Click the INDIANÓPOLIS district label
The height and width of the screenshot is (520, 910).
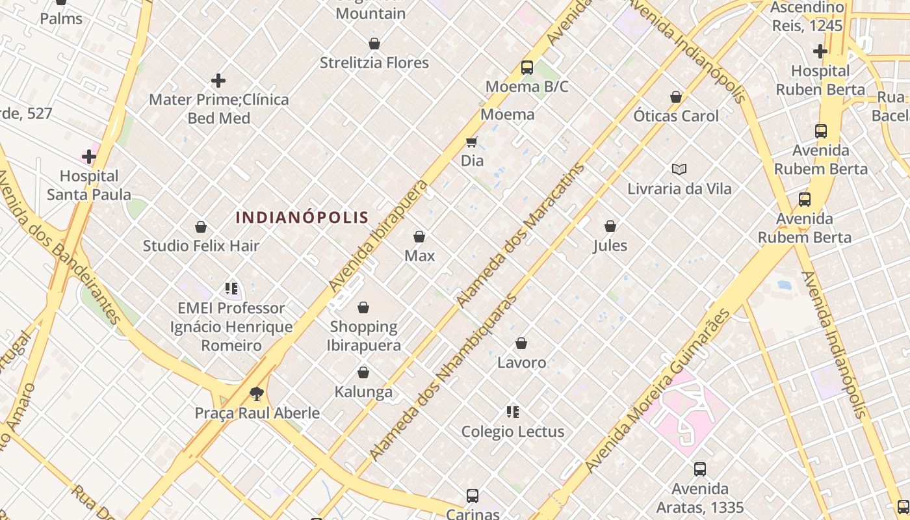tap(302, 218)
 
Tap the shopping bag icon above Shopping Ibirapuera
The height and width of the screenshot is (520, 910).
tap(363, 307)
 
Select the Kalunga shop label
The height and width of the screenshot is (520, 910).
tap(363, 392)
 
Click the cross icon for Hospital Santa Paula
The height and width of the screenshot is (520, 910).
tap(89, 157)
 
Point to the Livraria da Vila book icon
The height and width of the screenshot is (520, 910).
tap(679, 170)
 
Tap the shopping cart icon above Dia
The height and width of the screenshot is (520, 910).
tap(472, 142)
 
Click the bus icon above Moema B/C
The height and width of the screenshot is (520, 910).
tap(527, 67)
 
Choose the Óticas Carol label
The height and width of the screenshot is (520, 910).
tap(676, 116)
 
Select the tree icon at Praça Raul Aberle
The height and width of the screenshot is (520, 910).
tap(257, 393)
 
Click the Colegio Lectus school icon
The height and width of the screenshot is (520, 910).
tap(513, 412)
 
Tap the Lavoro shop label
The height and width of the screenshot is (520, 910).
tap(521, 363)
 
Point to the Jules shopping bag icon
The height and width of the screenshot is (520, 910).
tap(610, 226)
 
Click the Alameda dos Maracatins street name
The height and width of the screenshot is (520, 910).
tap(520, 235)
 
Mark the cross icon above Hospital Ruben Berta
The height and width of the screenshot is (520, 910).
tap(820, 51)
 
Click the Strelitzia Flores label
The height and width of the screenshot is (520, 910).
tap(374, 63)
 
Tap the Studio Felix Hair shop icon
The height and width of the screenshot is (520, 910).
tap(201, 227)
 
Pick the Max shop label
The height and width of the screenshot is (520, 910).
tap(419, 256)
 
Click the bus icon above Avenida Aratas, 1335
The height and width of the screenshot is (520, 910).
tap(700, 469)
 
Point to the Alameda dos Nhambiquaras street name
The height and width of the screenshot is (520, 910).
tap(443, 377)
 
